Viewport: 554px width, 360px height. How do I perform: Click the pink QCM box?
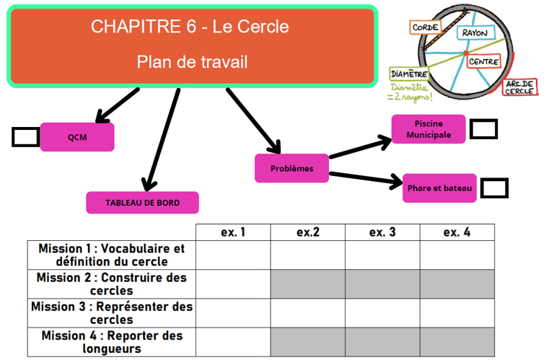[76, 137]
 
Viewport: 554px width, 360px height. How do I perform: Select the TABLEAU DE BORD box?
[142, 203]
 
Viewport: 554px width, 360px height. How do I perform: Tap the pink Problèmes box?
[291, 168]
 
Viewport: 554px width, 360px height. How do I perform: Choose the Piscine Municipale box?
[428, 129]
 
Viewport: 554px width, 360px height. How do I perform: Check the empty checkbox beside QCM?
[25, 136]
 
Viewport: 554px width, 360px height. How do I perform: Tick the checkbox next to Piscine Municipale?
[483, 129]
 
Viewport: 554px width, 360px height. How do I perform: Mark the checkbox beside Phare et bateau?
[493, 188]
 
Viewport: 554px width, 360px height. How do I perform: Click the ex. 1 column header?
[233, 232]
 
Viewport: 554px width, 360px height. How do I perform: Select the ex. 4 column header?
[457, 232]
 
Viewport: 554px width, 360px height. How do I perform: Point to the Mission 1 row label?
[111, 255]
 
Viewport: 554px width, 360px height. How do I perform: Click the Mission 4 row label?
[111, 342]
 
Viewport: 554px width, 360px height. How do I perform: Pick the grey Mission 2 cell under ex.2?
[308, 284]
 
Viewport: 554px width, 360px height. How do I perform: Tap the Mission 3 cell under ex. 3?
[382, 313]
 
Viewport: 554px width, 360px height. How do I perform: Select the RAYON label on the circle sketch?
[474, 33]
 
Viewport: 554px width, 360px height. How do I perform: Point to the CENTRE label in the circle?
[483, 62]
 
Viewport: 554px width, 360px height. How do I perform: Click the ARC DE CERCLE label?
[519, 87]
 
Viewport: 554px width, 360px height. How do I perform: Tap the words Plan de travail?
[192, 62]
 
